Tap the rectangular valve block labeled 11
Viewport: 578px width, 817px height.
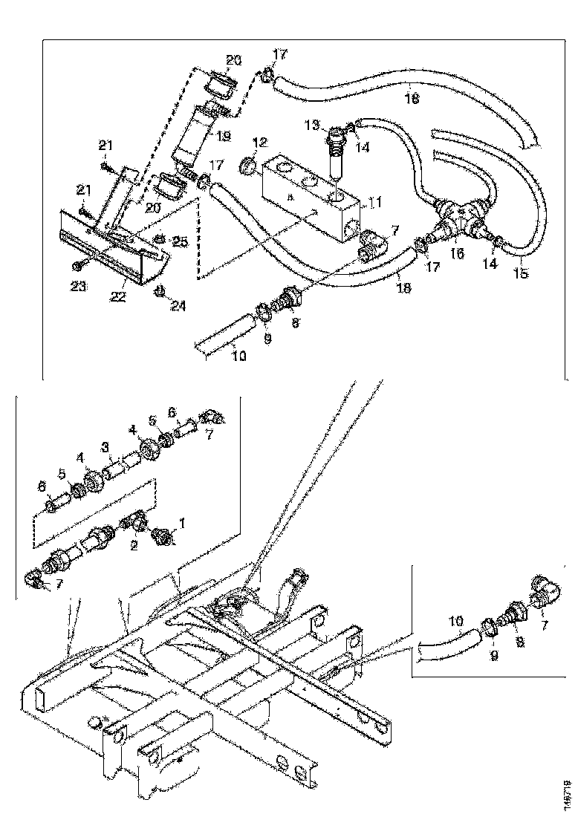coord(308,197)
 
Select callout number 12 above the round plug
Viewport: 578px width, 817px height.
coord(259,142)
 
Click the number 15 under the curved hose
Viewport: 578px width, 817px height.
coord(522,274)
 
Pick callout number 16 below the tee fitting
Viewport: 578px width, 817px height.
coord(458,254)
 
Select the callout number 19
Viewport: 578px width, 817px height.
coord(224,137)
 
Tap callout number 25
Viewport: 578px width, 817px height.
coord(179,243)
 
